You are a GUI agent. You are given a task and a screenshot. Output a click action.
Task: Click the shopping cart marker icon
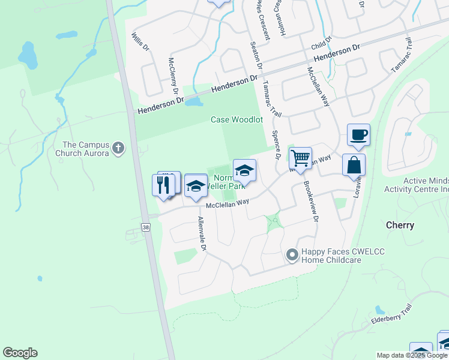click(300, 159)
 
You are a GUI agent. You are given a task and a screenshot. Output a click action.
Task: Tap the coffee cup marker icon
click(358, 135)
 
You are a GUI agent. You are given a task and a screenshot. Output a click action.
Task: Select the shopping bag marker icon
click(354, 165)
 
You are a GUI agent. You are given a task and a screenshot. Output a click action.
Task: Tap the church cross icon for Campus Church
click(119, 147)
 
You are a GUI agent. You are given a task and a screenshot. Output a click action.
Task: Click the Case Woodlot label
click(237, 119)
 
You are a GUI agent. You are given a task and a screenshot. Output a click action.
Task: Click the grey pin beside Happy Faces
click(292, 256)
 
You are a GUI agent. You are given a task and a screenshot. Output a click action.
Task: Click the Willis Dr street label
click(137, 42)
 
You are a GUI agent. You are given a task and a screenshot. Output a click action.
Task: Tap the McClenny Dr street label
click(174, 76)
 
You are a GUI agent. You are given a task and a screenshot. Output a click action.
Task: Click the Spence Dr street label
click(277, 146)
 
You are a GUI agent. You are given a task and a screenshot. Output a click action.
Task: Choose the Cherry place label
click(400, 226)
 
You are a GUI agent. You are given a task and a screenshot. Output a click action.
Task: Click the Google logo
click(20, 353)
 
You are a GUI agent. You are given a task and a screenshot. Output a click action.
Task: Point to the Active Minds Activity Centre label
click(417, 185)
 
